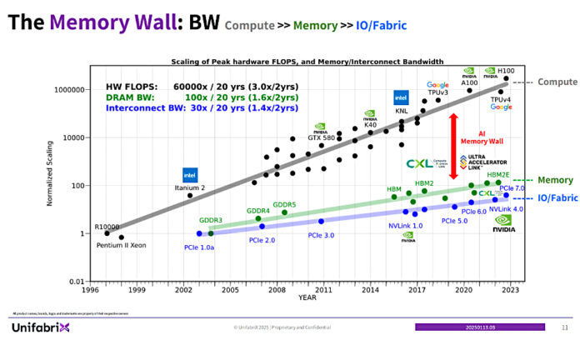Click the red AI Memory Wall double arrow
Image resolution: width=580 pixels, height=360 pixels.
(453, 145)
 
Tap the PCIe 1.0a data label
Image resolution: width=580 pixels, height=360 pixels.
(199, 247)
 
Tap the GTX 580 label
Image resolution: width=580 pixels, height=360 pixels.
(322, 137)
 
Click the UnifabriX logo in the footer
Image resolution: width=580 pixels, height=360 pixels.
(40, 327)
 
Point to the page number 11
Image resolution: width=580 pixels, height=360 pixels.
(564, 328)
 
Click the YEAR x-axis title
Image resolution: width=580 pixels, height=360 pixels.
(307, 297)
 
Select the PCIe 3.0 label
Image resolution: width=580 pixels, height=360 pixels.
(321, 236)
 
